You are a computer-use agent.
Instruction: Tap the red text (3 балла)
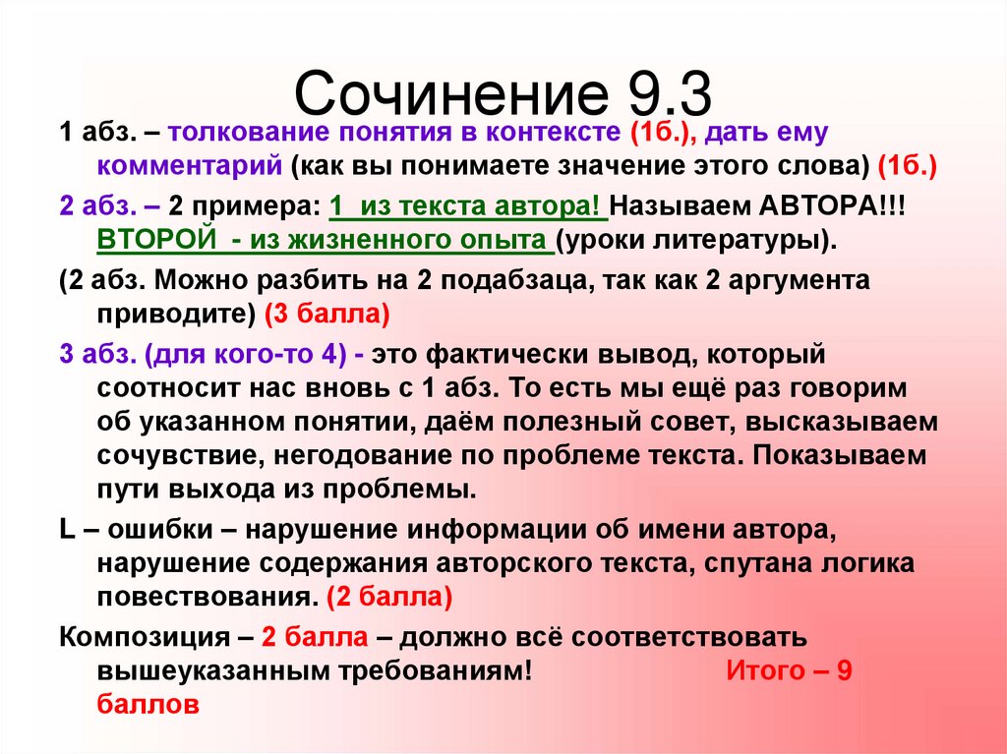coord(327,314)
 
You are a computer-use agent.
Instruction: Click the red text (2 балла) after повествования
coord(390,597)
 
